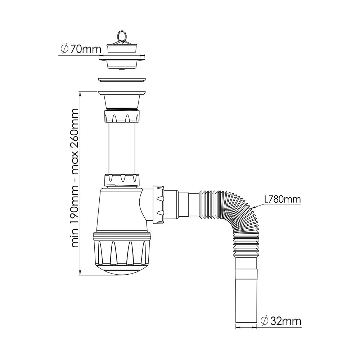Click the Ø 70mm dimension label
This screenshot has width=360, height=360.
click(81, 49)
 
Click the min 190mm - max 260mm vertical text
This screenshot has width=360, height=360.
click(75, 178)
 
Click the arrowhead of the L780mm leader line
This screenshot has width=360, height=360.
click(255, 207)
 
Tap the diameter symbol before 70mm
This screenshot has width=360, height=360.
click(65, 49)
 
